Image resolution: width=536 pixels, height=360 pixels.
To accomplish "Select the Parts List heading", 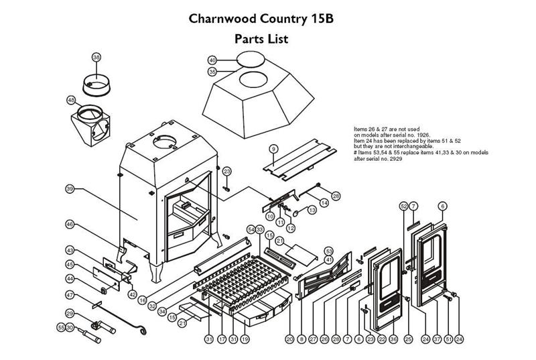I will [x=261, y=39].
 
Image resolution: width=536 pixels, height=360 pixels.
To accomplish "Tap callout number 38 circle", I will [x=96, y=58].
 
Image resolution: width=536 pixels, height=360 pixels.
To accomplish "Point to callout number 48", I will [x=71, y=101].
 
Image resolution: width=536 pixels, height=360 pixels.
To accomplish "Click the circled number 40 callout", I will [x=212, y=60].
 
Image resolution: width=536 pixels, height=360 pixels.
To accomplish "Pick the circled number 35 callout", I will [x=212, y=71].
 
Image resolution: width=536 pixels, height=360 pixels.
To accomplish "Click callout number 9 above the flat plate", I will [x=273, y=147].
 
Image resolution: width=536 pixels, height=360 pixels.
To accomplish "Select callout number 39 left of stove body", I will [x=69, y=190].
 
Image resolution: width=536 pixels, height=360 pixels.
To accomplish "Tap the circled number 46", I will [x=69, y=224].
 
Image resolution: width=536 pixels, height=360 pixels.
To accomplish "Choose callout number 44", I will [x=69, y=278].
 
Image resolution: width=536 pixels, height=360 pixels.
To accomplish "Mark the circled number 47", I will [x=69, y=295].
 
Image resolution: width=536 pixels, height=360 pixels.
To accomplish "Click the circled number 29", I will [x=69, y=313].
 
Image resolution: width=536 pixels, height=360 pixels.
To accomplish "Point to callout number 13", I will [x=312, y=210].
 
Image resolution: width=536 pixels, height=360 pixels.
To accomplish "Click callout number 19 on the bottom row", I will [x=245, y=339].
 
